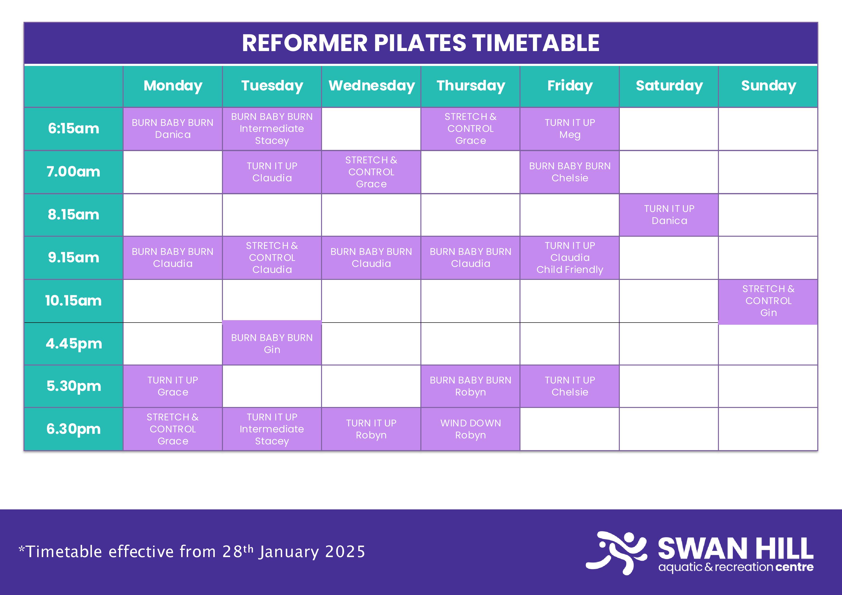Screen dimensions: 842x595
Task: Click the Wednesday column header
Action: point(371,86)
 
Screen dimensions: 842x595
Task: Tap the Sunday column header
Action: point(768,86)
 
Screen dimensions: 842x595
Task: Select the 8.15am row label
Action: point(73,214)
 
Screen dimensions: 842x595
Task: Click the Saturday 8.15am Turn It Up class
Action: point(669,215)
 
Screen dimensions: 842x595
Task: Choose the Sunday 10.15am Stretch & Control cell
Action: point(768,301)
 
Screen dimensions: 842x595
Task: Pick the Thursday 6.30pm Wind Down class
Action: point(471,429)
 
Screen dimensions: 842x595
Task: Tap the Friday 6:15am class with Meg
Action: point(569,129)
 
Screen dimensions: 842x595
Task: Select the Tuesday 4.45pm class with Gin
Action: point(272,343)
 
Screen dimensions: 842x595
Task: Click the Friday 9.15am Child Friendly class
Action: point(569,258)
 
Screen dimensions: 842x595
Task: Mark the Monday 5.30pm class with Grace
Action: point(173,386)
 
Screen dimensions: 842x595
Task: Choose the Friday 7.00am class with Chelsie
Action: point(569,172)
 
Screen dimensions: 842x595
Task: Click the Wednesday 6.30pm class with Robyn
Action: point(371,429)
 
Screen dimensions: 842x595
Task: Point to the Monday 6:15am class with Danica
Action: point(173,129)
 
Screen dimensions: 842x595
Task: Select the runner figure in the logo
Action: point(616,553)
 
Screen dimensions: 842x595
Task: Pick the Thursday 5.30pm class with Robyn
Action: point(471,386)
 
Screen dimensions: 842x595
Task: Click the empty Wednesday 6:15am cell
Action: point(371,129)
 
